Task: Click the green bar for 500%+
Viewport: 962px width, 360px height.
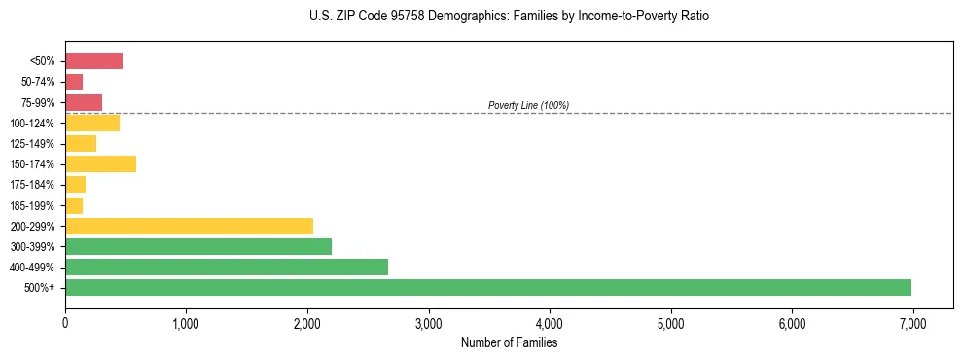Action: [487, 287]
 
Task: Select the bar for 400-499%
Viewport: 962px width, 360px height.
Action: [227, 267]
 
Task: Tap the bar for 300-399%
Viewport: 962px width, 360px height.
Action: [198, 246]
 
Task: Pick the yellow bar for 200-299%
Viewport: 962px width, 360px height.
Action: [189, 226]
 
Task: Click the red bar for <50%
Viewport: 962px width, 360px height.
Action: [93, 61]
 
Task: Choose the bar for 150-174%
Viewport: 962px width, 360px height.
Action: [100, 163]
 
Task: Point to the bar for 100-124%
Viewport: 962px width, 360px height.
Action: [92, 123]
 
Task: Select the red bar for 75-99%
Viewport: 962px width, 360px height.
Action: [84, 102]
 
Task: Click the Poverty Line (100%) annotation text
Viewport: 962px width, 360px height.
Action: [528, 105]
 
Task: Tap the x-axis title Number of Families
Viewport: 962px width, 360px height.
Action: [509, 342]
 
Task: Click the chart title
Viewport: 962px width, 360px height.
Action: [510, 17]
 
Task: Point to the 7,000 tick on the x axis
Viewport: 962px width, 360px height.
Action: [912, 323]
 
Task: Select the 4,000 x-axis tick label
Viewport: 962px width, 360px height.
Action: [550, 323]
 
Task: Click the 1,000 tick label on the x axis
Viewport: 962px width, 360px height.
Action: [186, 323]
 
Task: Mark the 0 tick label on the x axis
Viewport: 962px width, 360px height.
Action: [65, 323]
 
